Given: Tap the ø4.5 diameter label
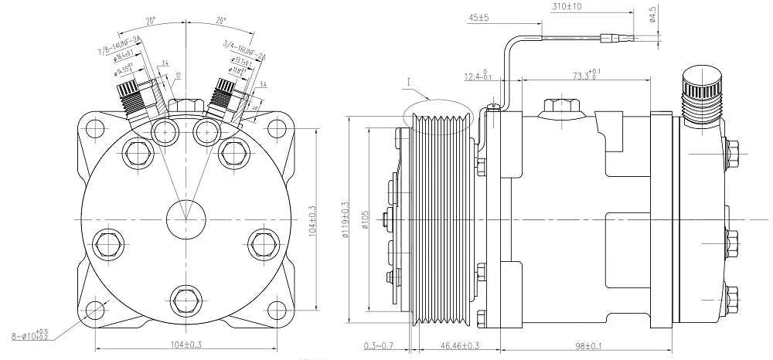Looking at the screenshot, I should coord(653,15).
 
